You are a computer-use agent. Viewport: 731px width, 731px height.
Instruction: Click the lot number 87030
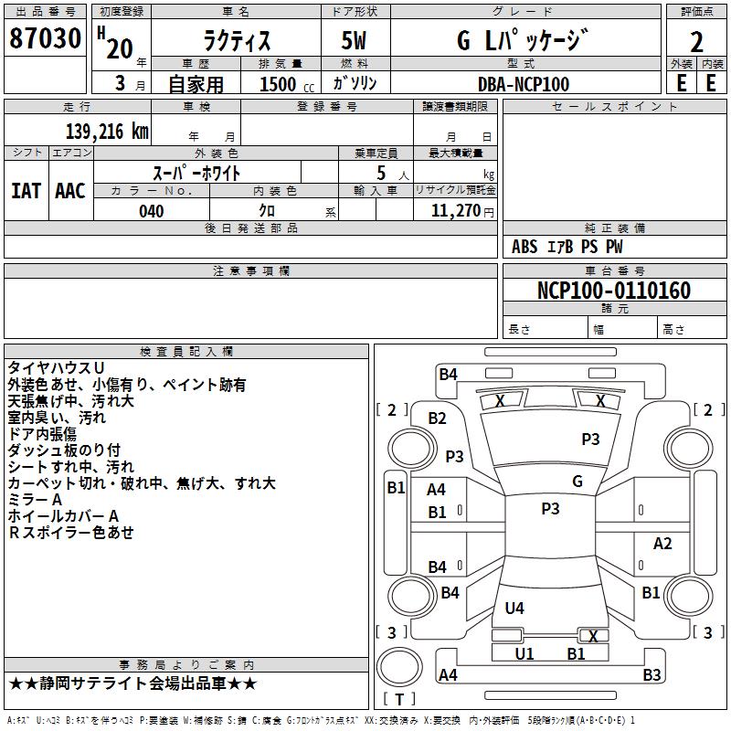(x=45, y=38)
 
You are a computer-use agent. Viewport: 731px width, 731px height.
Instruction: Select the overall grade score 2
(x=696, y=42)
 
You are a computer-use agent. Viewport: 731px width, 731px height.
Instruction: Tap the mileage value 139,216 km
(x=107, y=132)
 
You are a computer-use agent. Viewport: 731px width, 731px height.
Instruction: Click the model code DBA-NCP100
(x=524, y=84)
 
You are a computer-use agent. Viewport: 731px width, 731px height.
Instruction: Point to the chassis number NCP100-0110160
(x=614, y=290)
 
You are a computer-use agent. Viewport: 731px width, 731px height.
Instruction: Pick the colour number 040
(x=152, y=211)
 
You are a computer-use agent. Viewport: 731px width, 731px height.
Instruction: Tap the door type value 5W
(x=354, y=40)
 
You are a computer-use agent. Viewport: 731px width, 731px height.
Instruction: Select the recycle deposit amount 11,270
(x=455, y=211)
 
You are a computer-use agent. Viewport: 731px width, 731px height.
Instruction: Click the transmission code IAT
(x=26, y=191)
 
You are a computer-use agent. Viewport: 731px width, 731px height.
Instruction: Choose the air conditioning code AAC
(x=70, y=191)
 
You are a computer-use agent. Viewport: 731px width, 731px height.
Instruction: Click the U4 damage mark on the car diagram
(x=514, y=608)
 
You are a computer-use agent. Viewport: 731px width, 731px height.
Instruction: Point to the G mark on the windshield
(x=577, y=481)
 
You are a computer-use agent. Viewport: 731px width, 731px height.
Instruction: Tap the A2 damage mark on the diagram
(x=662, y=543)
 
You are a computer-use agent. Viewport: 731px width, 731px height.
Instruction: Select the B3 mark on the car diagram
(x=652, y=674)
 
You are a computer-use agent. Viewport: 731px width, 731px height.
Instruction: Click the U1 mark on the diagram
(x=524, y=653)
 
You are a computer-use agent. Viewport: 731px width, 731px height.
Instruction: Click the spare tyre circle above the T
(x=399, y=667)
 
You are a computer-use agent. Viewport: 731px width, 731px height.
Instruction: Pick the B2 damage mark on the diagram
(x=438, y=418)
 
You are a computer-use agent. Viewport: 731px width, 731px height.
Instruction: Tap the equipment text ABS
(x=524, y=247)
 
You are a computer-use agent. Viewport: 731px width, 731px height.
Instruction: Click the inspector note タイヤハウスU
(x=56, y=368)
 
